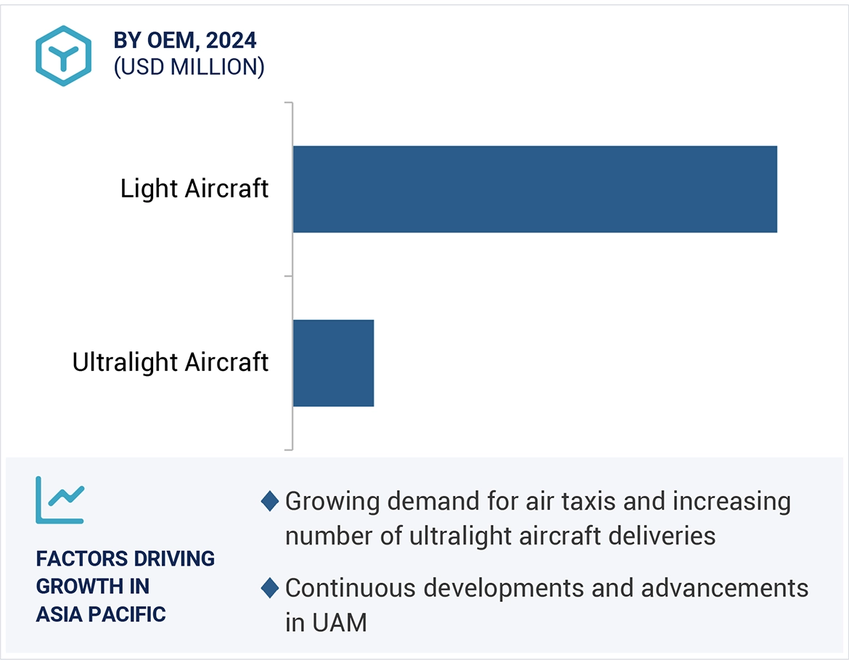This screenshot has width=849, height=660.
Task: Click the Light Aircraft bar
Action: click(535, 189)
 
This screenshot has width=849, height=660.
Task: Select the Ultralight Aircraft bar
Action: click(333, 362)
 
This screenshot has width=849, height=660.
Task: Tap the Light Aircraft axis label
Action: click(194, 189)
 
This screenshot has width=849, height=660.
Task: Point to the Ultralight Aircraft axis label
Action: click(171, 362)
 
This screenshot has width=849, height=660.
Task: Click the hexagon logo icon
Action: click(64, 56)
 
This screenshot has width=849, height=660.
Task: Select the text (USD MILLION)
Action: click(189, 67)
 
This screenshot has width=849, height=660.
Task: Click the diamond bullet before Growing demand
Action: click(270, 501)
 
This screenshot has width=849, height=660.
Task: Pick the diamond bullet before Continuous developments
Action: click(270, 588)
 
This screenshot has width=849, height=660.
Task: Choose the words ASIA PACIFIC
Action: click(101, 614)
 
